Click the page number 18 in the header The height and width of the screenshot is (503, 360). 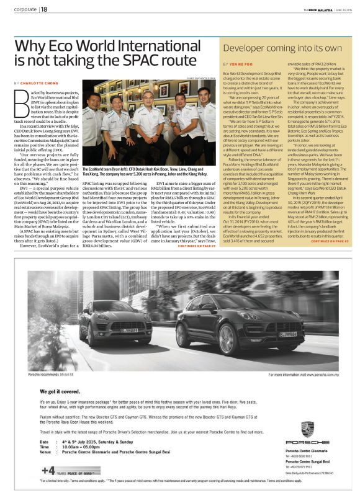point(44,9)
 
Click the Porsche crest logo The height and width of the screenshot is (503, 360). point(307,430)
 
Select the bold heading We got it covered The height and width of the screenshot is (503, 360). point(56,392)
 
